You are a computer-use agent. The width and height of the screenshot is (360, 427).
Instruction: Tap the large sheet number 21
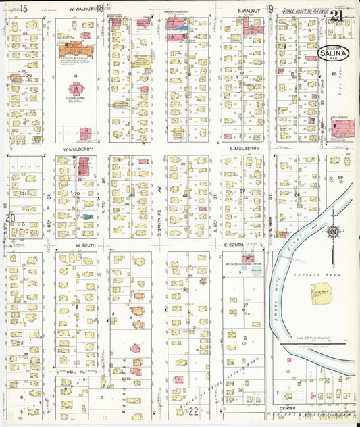tap(336, 16)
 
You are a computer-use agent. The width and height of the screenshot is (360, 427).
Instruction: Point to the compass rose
tap(332, 232)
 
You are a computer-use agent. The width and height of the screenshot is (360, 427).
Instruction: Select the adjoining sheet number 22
tap(194, 411)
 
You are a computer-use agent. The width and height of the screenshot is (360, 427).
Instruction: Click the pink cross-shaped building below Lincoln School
tap(76, 89)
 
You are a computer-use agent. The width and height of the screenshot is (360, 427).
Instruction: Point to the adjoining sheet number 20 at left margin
tap(9, 218)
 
